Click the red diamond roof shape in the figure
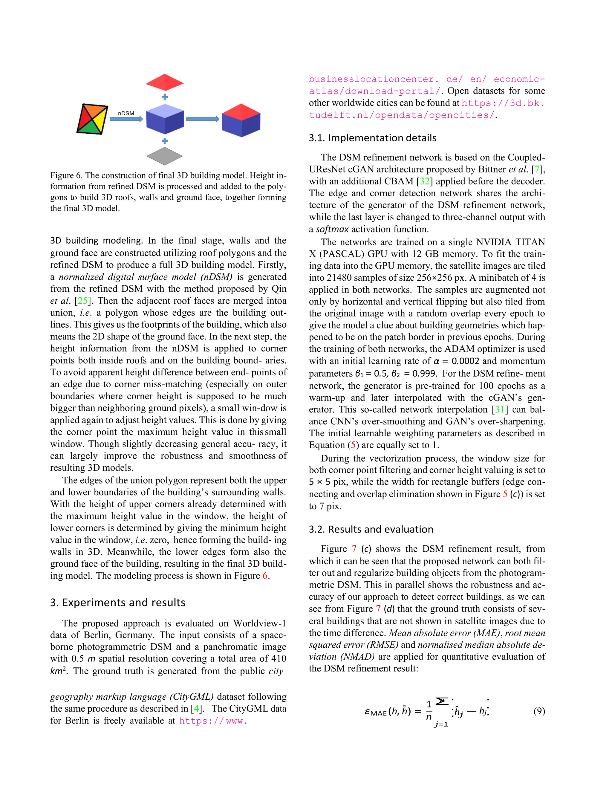pos(165,82)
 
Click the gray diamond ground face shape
pos(165,156)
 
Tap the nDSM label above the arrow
pos(126,114)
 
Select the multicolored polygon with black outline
pos(92,119)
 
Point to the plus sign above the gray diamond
pos(165,141)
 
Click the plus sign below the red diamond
pos(165,97)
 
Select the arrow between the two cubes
pos(203,119)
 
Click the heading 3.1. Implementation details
pos(372,138)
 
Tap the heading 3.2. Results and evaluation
pos(371,530)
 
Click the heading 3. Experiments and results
pos(117,603)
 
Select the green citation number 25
pos(83,301)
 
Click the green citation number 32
pos(425,181)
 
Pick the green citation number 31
pos(500,409)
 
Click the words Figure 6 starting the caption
pos(66,175)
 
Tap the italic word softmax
pos(332,229)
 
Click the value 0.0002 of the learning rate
pos(465,361)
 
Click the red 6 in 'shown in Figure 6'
pos(265,576)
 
